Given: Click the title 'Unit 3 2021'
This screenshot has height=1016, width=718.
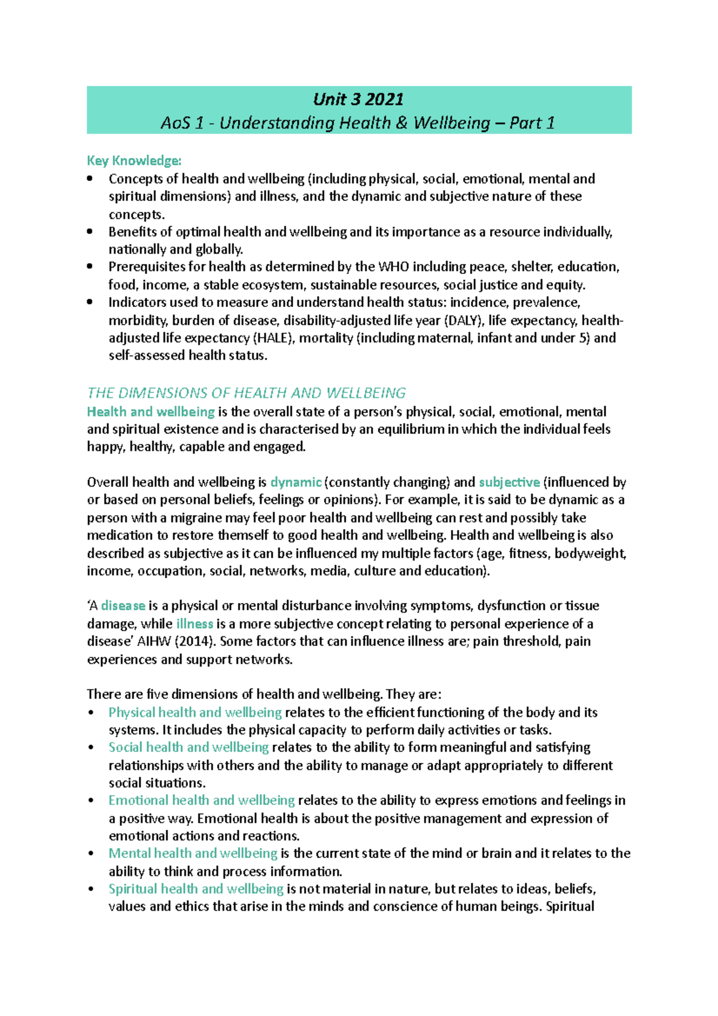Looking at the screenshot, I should (x=358, y=99).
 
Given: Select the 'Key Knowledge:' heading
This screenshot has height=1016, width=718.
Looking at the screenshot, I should (x=134, y=160).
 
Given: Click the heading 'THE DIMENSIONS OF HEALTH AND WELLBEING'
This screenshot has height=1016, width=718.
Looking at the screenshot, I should (x=246, y=393).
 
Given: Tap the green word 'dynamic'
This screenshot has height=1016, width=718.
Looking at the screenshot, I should (x=296, y=482).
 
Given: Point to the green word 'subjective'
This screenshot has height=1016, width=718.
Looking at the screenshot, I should (x=509, y=482).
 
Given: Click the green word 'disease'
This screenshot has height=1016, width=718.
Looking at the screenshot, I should (x=123, y=606).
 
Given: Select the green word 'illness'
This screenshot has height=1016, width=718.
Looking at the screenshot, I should (x=194, y=623).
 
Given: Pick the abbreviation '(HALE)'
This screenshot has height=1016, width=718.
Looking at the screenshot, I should (x=273, y=337).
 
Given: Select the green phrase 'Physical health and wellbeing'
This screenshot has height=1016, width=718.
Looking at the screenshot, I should (x=195, y=712).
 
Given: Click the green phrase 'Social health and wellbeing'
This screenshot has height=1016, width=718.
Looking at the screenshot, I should (x=188, y=747).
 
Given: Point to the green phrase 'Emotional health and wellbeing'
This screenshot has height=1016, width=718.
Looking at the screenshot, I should (x=202, y=801).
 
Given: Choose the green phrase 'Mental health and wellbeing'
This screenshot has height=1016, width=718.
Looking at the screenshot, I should (x=193, y=853).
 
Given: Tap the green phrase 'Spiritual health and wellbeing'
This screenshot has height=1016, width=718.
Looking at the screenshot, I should (x=196, y=889).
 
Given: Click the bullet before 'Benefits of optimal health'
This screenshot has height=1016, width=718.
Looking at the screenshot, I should (x=90, y=232).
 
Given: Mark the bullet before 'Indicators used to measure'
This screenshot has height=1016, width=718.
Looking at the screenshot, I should (x=90, y=302).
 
